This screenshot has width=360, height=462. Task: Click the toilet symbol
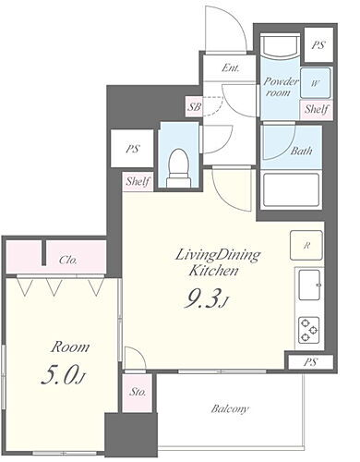coord(179,168)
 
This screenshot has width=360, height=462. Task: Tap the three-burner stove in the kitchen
coord(308,331)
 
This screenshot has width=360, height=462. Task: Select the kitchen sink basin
coord(310,285)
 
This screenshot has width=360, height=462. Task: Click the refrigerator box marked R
coord(306,245)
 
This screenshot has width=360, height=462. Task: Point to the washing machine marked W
coord(315,83)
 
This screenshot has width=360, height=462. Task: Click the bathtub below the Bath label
coord(290,190)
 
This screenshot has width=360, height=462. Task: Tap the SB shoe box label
coord(195,106)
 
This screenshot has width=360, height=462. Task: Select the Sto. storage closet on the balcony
coord(138,393)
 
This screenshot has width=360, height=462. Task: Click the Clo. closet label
coord(68,261)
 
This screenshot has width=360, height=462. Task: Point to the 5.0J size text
coord(63,376)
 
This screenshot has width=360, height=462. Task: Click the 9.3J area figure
coord(206,299)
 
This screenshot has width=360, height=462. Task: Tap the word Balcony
coord(230,408)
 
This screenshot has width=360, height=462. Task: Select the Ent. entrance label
coord(231,67)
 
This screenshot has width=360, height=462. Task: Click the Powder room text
coord(281,87)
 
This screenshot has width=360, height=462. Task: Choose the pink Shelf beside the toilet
coord(138,181)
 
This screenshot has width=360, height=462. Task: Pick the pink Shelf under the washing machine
coord(317,109)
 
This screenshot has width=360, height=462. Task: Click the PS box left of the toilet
coord(132,149)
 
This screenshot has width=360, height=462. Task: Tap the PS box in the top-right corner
coord(318,45)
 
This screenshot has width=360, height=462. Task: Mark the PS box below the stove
coord(310,362)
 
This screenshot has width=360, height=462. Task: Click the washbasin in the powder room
coord(280,46)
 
